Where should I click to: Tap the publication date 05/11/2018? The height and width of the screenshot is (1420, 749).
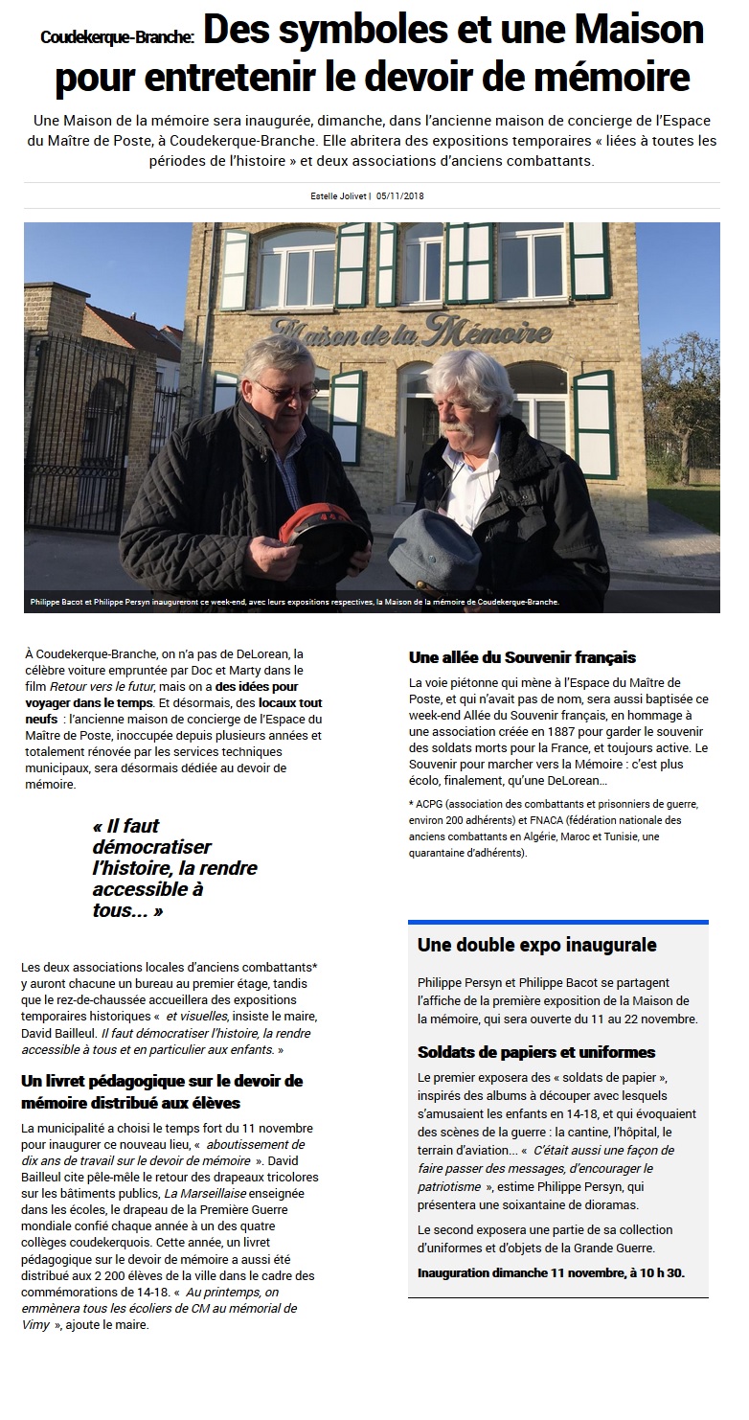[x=400, y=196]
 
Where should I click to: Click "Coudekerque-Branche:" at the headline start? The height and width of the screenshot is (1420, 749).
[x=117, y=37]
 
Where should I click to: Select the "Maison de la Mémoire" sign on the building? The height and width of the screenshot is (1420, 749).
[x=411, y=332]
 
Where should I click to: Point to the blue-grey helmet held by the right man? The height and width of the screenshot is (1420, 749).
[x=439, y=542]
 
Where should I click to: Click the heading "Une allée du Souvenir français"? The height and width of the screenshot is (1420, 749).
[x=522, y=657]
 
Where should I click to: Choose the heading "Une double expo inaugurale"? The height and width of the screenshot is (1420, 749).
[x=536, y=945]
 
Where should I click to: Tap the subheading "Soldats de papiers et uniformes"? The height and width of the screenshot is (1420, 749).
[x=536, y=1052]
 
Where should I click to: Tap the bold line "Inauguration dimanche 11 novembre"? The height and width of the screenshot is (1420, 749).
[x=551, y=1273]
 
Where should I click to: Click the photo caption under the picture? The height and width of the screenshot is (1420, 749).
[x=293, y=603]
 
